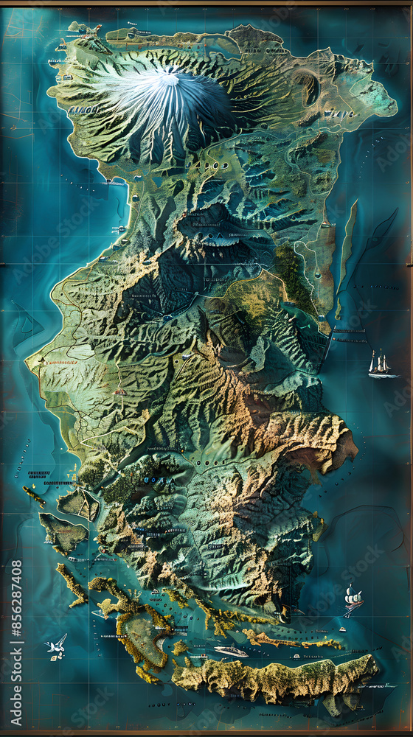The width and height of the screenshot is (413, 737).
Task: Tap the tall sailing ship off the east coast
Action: click(x=381, y=364)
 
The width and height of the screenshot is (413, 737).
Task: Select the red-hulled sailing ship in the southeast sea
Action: click(x=353, y=600)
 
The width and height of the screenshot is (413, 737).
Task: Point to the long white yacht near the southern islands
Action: click(x=231, y=652)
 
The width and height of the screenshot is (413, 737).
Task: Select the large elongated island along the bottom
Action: click(x=273, y=678)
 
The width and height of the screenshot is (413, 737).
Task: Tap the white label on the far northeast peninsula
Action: click(x=339, y=114)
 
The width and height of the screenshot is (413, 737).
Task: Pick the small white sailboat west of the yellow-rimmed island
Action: click(x=99, y=612)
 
